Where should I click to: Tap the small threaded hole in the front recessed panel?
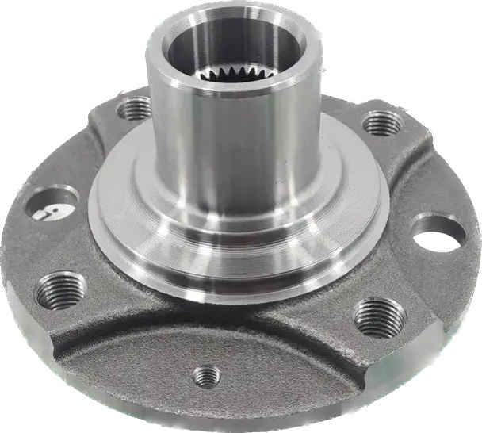click(x=206, y=375)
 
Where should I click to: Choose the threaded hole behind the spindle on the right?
click(x=380, y=123)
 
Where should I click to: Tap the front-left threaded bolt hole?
click(x=64, y=286)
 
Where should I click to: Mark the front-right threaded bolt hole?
click(x=379, y=317)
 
